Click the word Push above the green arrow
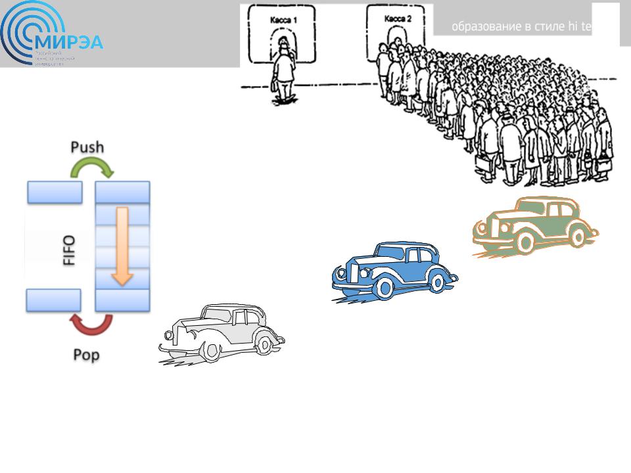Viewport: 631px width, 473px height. coord(87,146)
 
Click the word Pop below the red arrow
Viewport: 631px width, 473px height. coord(86,355)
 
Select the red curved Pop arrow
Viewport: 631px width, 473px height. coord(92,324)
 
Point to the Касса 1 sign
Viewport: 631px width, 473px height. coord(284,20)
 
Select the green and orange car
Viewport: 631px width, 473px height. coord(536,227)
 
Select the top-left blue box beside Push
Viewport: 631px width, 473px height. coord(55,192)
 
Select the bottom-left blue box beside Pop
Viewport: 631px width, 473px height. coord(54,300)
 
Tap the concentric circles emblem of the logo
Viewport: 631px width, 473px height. coord(26,36)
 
